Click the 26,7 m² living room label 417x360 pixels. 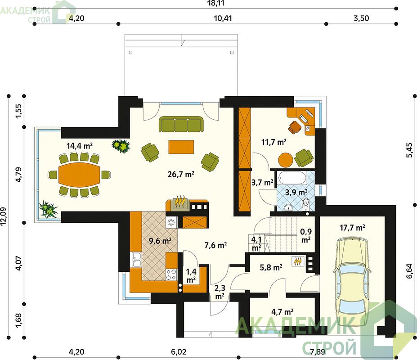pos(181,174)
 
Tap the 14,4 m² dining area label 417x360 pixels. pos(79,146)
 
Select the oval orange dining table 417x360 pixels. pos(79,175)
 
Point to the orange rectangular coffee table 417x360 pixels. pos(181,147)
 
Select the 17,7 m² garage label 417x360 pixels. pos(352,228)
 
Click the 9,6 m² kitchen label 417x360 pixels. pos(160,241)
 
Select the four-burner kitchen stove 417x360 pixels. pos(171,274)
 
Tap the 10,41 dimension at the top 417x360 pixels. pos(223,18)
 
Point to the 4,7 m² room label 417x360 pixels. pos(282,311)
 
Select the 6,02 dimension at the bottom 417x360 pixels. pos(179,352)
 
